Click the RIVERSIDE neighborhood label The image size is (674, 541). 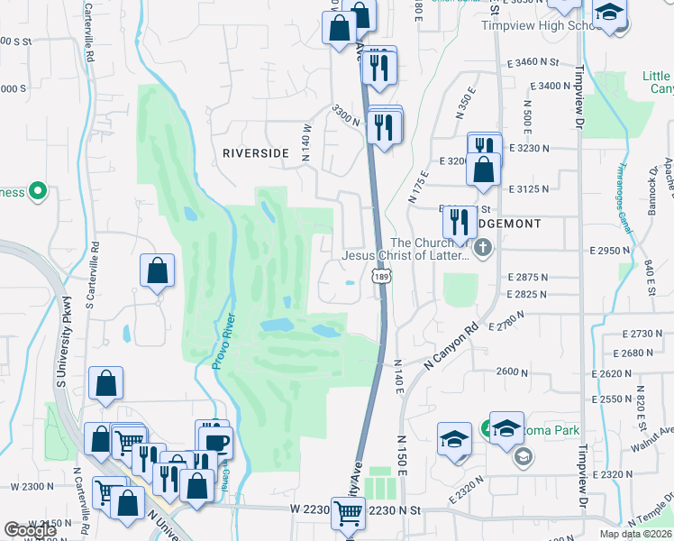click(256, 153)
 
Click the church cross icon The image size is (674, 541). click(483, 246)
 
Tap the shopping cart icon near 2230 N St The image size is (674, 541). click(348, 513)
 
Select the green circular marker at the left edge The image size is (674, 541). click(37, 190)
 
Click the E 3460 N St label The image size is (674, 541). click(533, 63)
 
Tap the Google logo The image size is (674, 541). click(30, 530)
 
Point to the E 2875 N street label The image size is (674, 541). click(528, 277)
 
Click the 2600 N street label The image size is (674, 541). click(511, 371)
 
